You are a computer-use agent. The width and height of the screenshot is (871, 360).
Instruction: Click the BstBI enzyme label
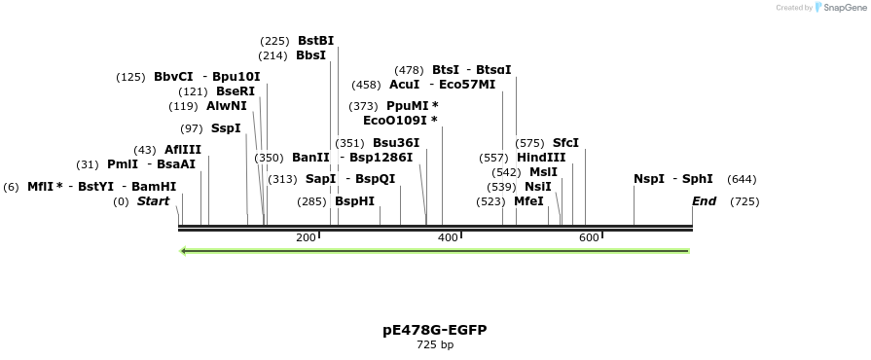point(315,41)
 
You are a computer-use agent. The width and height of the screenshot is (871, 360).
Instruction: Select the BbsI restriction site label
point(310,55)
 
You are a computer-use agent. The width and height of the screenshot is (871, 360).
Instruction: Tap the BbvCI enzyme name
point(173,77)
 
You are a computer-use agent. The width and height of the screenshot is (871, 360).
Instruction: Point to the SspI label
point(225,128)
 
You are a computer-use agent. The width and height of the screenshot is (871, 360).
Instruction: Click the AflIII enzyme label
point(182,150)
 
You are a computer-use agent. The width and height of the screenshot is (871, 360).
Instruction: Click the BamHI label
point(154,186)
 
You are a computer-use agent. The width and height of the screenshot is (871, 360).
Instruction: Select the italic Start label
point(153,201)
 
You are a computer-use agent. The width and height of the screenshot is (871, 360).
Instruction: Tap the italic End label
point(704,201)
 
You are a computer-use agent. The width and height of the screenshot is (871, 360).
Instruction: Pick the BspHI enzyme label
point(354,201)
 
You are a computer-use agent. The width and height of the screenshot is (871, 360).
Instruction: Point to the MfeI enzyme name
point(528,201)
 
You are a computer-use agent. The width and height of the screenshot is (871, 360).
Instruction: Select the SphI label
point(697,179)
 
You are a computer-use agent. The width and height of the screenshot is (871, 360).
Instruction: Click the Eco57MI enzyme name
point(467,85)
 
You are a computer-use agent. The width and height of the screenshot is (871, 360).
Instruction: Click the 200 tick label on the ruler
point(306,238)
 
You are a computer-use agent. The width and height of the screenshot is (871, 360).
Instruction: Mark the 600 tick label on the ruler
point(589,238)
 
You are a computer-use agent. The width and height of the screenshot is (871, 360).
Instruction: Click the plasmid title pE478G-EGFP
point(435,330)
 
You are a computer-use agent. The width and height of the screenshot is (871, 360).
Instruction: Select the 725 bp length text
point(435,345)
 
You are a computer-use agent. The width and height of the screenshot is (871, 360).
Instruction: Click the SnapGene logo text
point(843,8)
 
